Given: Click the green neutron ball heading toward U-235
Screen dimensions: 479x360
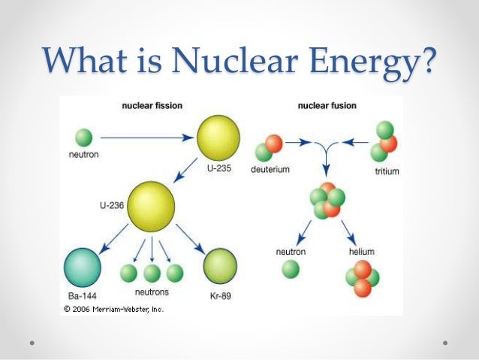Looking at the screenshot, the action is coord(84,138).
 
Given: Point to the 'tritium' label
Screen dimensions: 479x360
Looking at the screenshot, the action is coord(386,172).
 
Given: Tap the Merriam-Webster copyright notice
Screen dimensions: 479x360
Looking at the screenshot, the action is coord(113,308).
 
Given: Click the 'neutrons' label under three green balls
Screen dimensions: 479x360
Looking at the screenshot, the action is coord(152,292).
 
